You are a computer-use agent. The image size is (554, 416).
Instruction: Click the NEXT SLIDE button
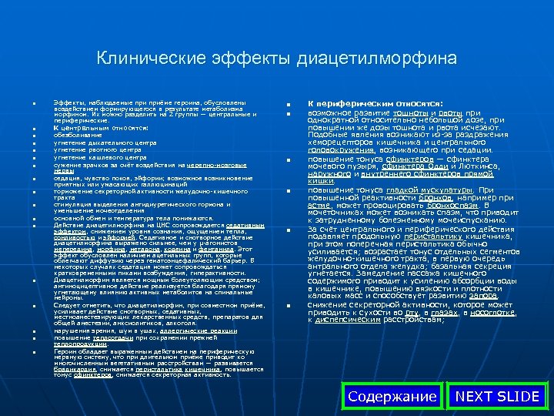pos(497,397)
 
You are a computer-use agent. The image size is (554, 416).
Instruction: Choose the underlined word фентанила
pos(219,249)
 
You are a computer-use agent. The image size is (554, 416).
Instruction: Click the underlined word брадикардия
pos(70,368)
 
